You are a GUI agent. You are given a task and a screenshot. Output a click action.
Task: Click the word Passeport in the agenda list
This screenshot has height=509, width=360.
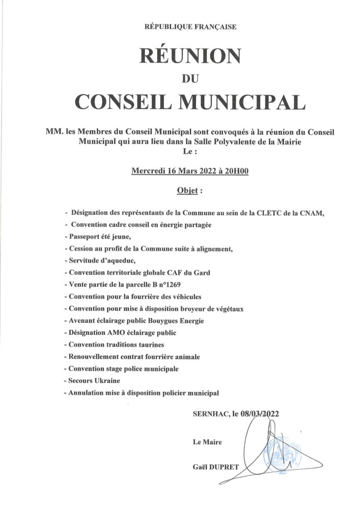(x=84, y=237)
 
